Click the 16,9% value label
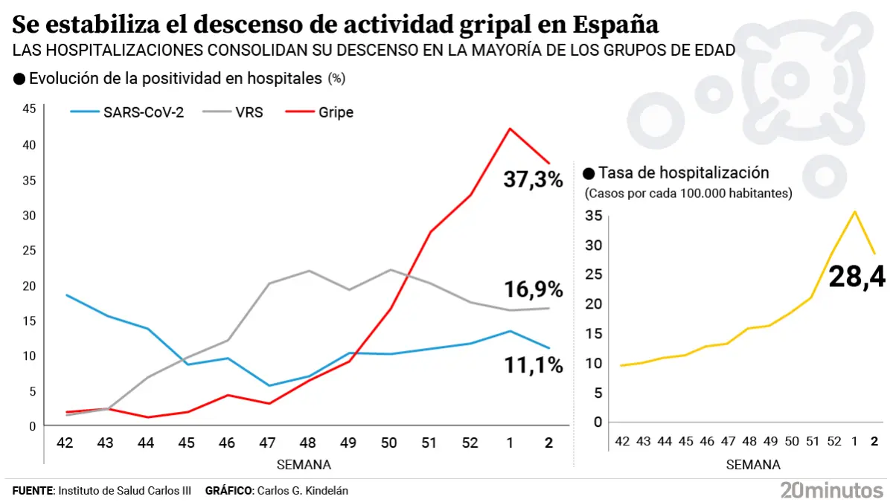tap(533, 289)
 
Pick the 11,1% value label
tap(533, 365)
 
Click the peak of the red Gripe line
tap(509, 129)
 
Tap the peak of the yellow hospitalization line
tap(855, 211)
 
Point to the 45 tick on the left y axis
tap(30, 109)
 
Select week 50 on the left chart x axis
tap(388, 443)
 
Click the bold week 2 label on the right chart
tap(874, 441)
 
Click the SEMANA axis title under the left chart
tap(304, 465)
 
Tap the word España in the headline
tap(617, 25)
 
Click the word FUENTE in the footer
tap(33, 491)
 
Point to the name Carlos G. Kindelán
tap(301, 491)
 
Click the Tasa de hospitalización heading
tap(683, 173)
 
